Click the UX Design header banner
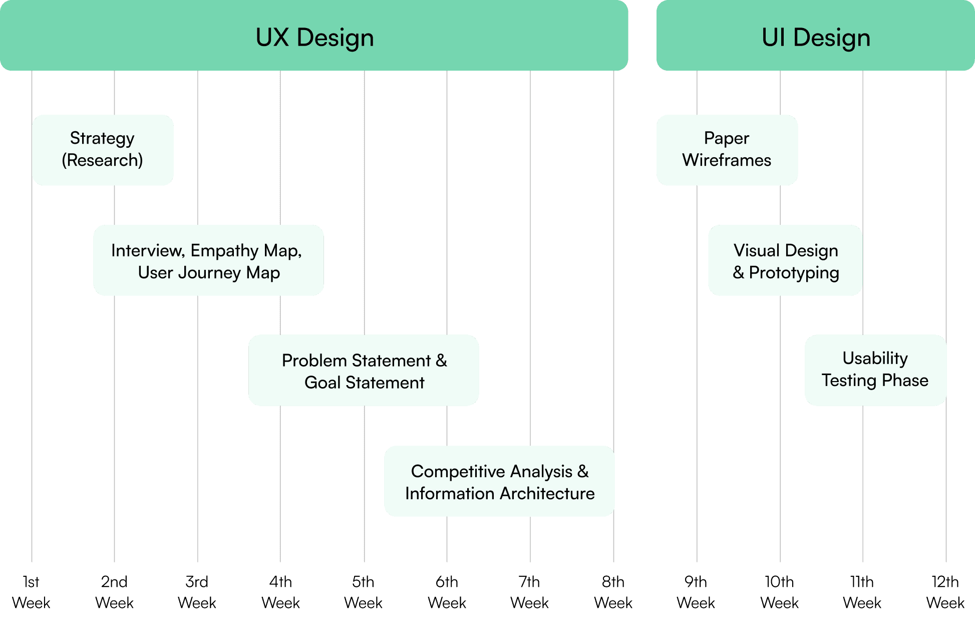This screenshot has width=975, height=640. [314, 36]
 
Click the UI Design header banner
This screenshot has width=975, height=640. [815, 36]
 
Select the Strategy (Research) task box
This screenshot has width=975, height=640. [103, 150]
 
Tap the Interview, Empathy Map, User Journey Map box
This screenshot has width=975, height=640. [208, 260]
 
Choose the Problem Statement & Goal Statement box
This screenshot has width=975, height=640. [364, 371]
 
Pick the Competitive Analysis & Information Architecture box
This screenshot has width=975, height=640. [499, 481]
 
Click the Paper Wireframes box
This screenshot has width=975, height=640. [727, 150]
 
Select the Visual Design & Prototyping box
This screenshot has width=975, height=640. [785, 260]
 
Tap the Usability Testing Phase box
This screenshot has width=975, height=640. [875, 370]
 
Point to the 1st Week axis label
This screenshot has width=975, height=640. [31, 592]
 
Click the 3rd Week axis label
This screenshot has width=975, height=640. [197, 592]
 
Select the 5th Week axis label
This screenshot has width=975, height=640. [364, 592]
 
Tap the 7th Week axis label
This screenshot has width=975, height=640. [530, 592]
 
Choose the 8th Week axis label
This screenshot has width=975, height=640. [613, 592]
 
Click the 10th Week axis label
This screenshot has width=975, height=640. [780, 592]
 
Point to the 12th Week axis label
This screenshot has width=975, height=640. [945, 592]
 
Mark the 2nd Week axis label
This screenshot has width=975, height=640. [114, 592]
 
